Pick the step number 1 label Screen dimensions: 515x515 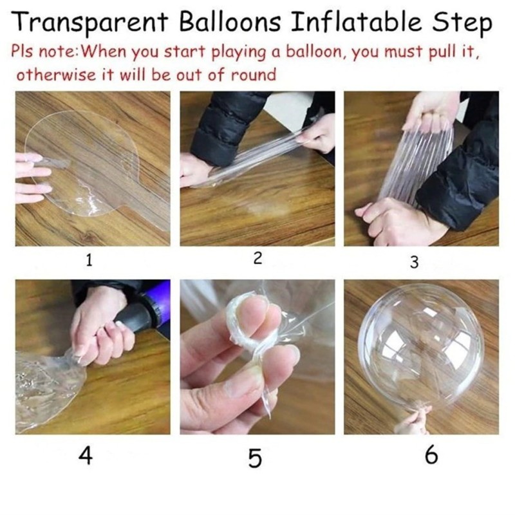(89, 260)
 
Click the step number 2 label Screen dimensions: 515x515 (257, 259)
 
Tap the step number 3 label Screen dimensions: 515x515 (415, 262)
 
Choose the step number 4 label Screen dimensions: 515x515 (86, 455)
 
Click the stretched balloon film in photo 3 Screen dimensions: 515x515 (412, 161)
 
